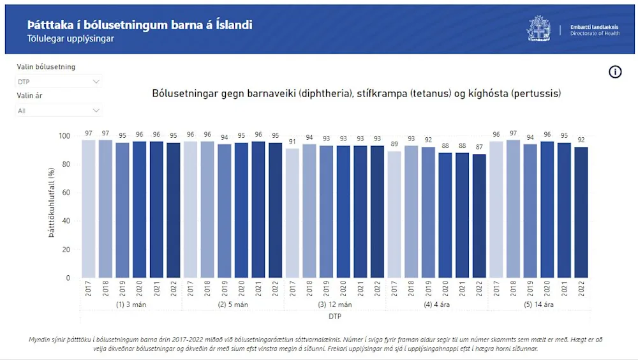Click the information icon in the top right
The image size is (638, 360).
pyautogui.click(x=615, y=72)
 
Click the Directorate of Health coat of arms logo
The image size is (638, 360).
pyautogui.click(x=538, y=28)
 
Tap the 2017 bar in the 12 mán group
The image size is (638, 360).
pyautogui.click(x=292, y=213)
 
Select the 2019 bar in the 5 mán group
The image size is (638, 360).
pyautogui.click(x=224, y=211)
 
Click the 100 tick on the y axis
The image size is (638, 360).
pyautogui.click(x=63, y=136)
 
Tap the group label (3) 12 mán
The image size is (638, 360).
pyautogui.click(x=334, y=305)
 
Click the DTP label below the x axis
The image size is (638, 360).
pyautogui.click(x=334, y=316)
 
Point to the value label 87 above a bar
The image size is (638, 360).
pyautogui.click(x=479, y=147)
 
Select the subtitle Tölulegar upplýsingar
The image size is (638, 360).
pyautogui.click(x=71, y=39)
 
